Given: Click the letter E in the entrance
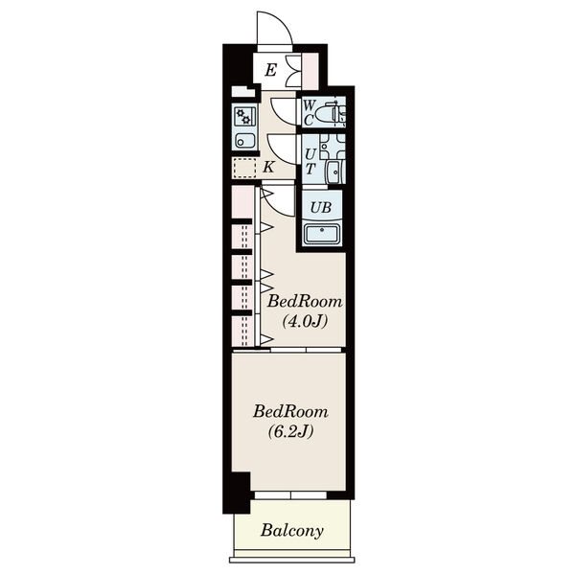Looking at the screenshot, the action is tap(270, 70).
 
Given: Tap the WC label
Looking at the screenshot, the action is tap(309, 112).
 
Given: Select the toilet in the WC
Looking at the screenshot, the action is tap(331, 112).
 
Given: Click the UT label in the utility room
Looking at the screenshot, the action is tap(310, 162).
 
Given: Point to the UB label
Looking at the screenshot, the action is tap(321, 208).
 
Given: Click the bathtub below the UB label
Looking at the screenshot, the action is tap(322, 233).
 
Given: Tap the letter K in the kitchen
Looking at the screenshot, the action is tap(268, 167).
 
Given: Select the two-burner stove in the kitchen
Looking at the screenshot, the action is tap(244, 117).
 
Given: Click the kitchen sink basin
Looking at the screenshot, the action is tap(244, 140).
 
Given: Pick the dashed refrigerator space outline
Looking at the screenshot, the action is tap(244, 169).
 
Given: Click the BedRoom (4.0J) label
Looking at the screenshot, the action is tap(305, 311).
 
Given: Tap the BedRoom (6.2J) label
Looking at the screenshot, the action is tap(290, 422).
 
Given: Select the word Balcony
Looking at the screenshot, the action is tap(292, 531).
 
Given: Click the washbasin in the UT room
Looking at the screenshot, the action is tap(334, 172).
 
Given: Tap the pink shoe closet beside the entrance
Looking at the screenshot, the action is tap(310, 71).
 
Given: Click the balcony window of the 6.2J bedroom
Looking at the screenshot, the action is tap(290, 495).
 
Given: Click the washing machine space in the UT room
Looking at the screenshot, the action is tap(333, 147).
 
